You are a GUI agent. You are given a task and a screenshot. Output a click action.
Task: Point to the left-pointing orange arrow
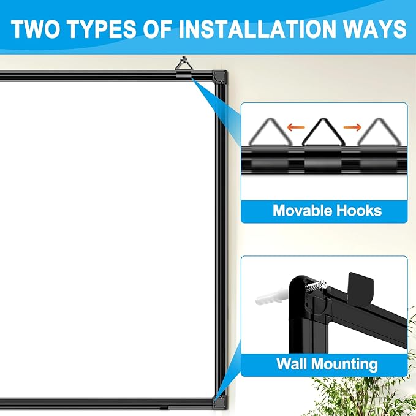pyautogui.click(x=297, y=127)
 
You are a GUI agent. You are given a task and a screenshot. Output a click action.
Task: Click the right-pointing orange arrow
pyautogui.click(x=352, y=127)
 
